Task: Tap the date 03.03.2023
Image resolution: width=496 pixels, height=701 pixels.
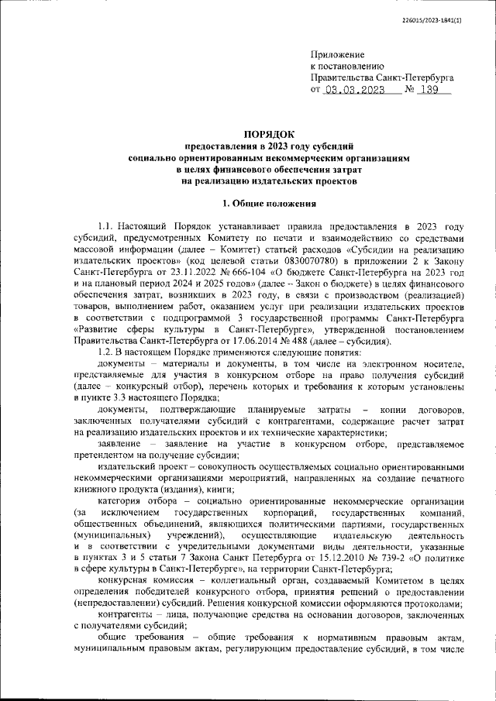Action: click(x=354, y=90)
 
